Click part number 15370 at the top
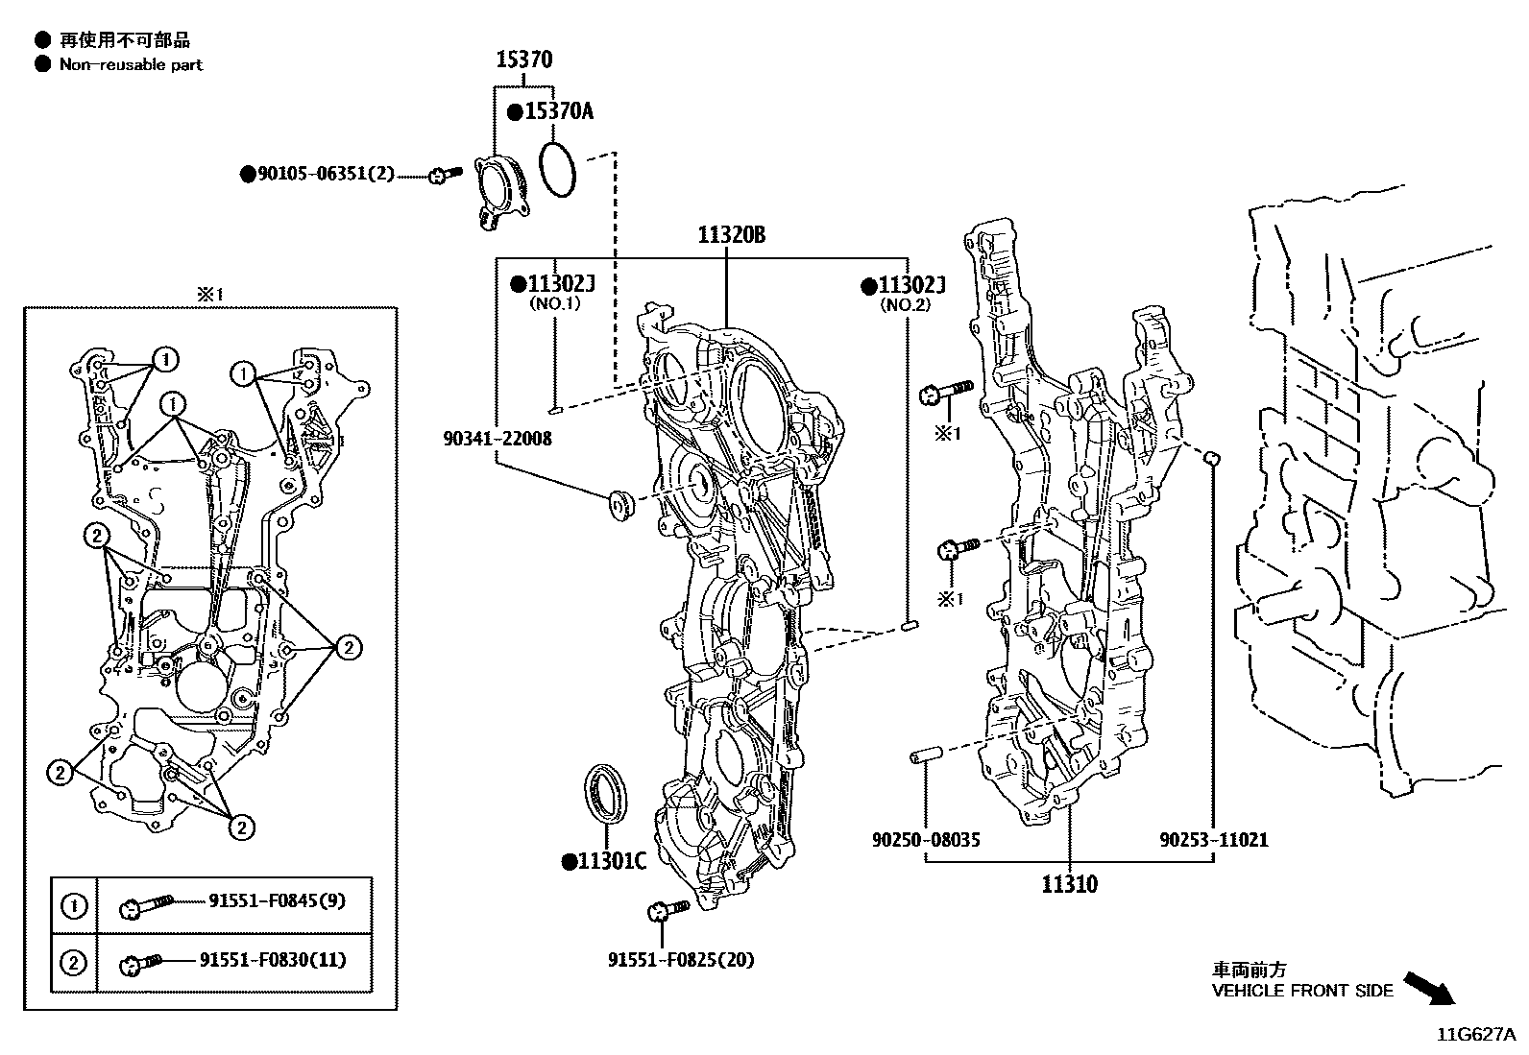click(523, 60)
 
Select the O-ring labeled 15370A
click(558, 169)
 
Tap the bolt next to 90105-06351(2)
click(444, 175)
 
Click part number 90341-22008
click(498, 439)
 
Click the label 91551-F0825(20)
click(680, 960)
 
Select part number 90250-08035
click(926, 840)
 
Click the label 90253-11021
click(1213, 840)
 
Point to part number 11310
click(1069, 884)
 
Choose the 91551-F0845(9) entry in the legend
click(277, 901)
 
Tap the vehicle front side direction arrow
click(1427, 988)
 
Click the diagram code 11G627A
click(1475, 1035)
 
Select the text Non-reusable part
click(131, 65)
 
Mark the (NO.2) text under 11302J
click(905, 305)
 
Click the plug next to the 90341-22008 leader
click(620, 505)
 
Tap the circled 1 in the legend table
click(74, 905)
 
